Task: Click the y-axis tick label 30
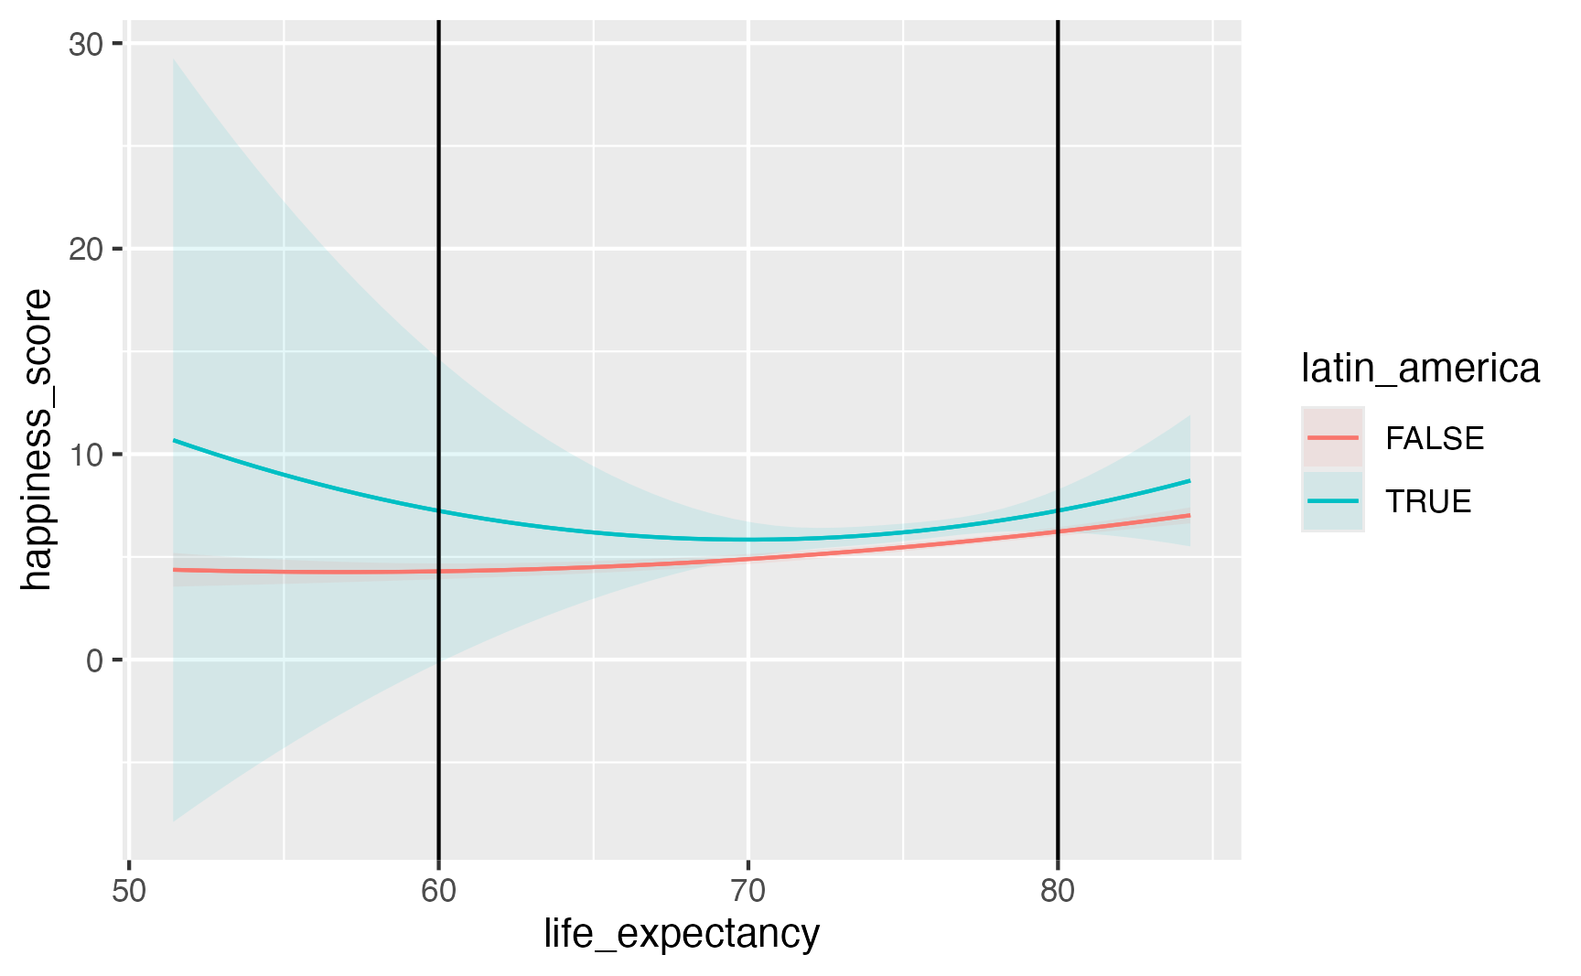(x=84, y=44)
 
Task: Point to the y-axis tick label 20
(x=84, y=249)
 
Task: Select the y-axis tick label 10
(x=84, y=455)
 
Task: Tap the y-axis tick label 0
(x=94, y=660)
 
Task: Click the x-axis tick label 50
(x=129, y=891)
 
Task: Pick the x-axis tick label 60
(x=439, y=891)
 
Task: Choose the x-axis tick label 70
(x=748, y=891)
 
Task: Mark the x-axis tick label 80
(x=1058, y=891)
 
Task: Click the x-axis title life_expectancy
(x=682, y=935)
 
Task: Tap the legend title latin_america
(x=1420, y=369)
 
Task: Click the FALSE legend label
(x=1435, y=438)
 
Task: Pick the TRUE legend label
(x=1428, y=501)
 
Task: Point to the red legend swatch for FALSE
(x=1333, y=438)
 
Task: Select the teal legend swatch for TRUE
(x=1333, y=501)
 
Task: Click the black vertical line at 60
(x=439, y=274)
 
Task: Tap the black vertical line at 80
(x=1058, y=274)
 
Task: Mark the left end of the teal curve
(x=174, y=440)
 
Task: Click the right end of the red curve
(x=1189, y=515)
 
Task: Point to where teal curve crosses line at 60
(x=439, y=510)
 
